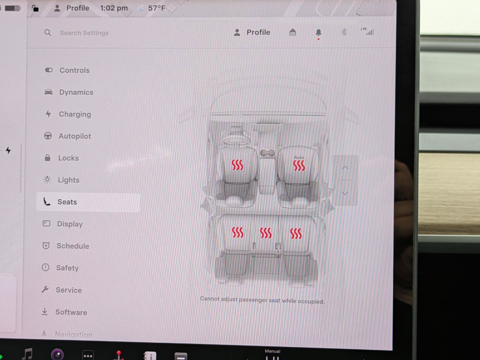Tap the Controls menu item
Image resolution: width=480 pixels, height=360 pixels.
(74, 70)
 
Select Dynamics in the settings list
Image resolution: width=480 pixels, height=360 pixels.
(76, 92)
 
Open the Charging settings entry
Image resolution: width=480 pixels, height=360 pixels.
(75, 114)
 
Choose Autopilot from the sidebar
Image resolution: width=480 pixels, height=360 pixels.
(75, 136)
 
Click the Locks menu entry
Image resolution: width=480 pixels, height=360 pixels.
(68, 158)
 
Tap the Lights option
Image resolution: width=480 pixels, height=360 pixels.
(68, 180)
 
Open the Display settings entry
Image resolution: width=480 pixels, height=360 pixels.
(70, 224)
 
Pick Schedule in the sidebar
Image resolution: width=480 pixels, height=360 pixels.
(73, 246)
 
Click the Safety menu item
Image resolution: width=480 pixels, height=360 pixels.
(67, 268)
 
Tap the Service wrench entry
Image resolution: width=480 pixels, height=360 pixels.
(68, 290)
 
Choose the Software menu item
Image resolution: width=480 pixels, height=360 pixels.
(71, 312)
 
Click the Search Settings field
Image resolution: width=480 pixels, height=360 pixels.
(84, 33)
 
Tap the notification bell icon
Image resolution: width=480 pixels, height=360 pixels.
(319, 32)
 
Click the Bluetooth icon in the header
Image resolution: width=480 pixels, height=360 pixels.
(344, 32)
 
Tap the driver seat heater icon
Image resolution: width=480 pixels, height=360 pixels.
(237, 165)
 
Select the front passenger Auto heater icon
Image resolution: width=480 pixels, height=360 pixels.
(299, 165)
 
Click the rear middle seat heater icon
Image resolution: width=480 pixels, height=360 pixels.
(266, 233)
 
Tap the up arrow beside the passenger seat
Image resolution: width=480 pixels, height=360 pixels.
(345, 168)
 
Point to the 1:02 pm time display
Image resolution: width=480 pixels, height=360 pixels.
(114, 8)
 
